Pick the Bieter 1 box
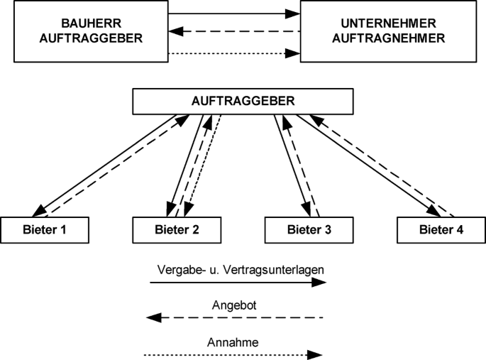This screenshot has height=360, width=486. click(x=45, y=229)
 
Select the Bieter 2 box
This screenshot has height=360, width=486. click(x=177, y=229)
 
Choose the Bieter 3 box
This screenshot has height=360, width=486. click(x=309, y=229)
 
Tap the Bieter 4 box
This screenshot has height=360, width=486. click(x=441, y=229)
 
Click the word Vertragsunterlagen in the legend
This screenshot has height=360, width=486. click(x=271, y=269)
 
